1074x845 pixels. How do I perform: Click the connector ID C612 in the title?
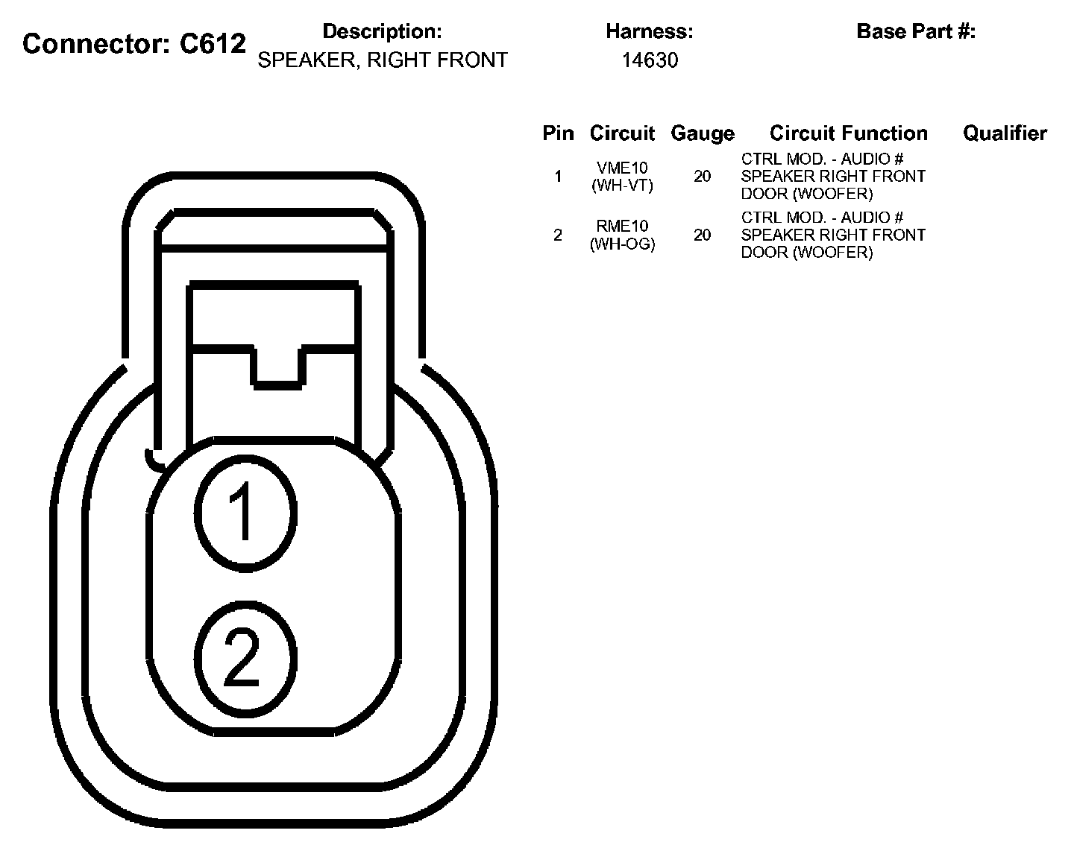pos(213,44)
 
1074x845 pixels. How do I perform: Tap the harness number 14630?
pos(650,60)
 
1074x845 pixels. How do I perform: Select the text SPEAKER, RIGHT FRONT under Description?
pos(382,60)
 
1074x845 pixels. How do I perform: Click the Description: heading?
pos(382,32)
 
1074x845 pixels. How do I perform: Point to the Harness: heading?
pos(650,32)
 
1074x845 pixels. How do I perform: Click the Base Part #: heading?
pos(916,32)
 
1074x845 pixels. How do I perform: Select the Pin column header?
pos(558,133)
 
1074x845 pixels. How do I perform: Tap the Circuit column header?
pos(622,133)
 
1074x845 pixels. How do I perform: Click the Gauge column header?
pos(702,133)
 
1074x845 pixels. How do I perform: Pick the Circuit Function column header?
pos(849,133)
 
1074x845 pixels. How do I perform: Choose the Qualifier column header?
pos(1005,133)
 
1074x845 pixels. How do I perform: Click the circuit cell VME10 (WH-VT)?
pos(622,177)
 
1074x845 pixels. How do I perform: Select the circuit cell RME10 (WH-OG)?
pos(622,235)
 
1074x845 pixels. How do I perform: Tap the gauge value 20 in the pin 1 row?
pos(702,177)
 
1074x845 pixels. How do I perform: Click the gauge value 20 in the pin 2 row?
pos(702,235)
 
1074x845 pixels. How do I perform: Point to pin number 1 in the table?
pos(558,177)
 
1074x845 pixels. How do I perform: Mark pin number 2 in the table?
pos(558,235)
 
